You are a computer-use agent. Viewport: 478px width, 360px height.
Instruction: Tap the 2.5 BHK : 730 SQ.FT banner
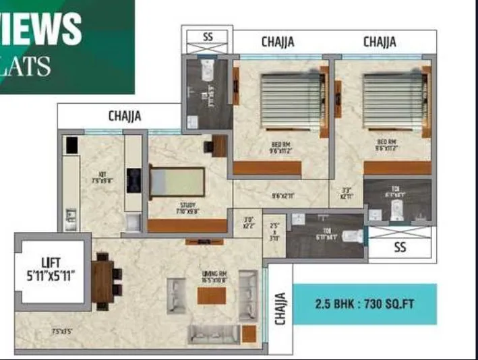click(x=365, y=303)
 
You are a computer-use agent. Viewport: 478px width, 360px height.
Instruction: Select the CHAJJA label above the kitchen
click(x=125, y=116)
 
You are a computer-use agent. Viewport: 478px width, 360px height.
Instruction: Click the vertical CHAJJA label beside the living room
click(x=280, y=307)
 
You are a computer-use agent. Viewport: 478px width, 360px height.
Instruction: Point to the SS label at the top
click(x=207, y=36)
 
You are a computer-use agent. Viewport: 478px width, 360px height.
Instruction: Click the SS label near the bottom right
click(x=400, y=247)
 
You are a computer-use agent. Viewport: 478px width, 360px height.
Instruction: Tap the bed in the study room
click(x=176, y=182)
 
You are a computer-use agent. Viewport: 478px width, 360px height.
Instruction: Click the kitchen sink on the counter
click(x=70, y=216)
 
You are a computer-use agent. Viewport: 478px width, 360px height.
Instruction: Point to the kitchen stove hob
click(x=133, y=180)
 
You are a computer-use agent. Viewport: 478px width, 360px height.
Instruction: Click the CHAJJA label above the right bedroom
click(x=380, y=42)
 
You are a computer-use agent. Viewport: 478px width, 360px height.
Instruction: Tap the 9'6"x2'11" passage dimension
click(x=281, y=196)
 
